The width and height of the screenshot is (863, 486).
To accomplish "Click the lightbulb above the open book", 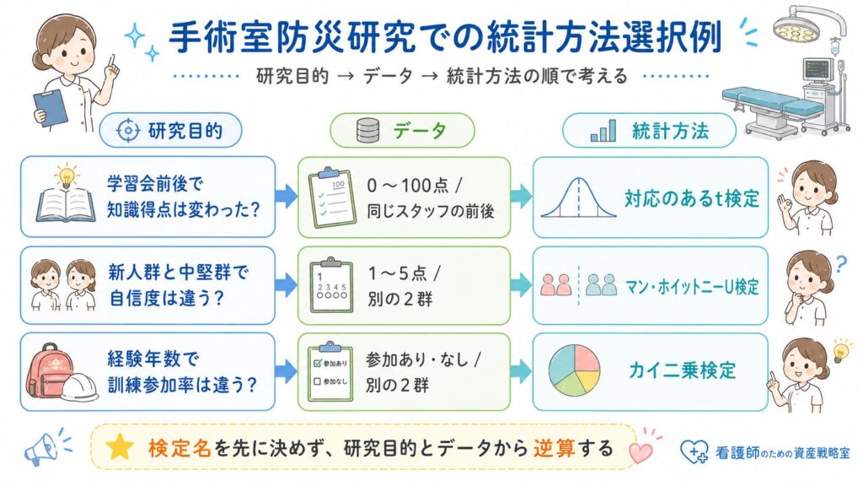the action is point(66,176).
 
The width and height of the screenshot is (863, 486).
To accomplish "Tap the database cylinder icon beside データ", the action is point(367,131).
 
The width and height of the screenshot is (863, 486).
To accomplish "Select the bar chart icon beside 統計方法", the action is point(603,131).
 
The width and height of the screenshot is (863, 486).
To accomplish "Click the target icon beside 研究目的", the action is point(128,131).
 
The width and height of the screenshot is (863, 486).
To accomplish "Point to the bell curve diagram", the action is point(578,197).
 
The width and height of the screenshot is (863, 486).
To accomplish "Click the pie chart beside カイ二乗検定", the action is point(575,370).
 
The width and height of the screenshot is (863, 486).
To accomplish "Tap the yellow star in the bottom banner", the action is point(119,447).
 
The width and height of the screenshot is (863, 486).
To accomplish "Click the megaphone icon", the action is point(43,449).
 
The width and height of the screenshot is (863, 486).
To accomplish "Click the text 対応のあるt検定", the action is point(692,198).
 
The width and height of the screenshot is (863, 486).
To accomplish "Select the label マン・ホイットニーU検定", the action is point(692,287).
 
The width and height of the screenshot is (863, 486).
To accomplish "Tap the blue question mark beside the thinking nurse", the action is point(840,265).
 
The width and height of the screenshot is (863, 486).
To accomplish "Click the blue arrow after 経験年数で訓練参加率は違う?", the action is point(286,371).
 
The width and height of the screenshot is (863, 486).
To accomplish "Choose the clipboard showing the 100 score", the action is point(332,197).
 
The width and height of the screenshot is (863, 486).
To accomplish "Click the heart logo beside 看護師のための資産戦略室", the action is point(694,451).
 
